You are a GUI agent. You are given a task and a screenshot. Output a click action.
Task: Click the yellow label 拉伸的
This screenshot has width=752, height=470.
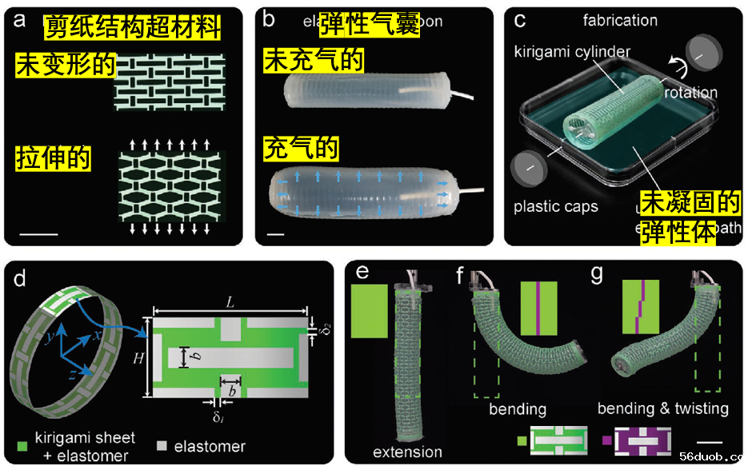pyautogui.click(x=54, y=158)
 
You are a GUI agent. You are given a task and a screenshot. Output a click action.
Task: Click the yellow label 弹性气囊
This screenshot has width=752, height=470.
pyautogui.click(x=370, y=24)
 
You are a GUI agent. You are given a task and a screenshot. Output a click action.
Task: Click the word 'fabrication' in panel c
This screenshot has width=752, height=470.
pyautogui.click(x=598, y=21)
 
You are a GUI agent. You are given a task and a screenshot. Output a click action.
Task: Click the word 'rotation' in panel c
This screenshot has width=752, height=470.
pyautogui.click(x=690, y=92)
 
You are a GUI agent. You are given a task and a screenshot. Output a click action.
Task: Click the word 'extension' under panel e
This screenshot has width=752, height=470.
pyautogui.click(x=407, y=452)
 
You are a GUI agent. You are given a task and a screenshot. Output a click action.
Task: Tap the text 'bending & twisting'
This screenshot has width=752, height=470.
pyautogui.click(x=662, y=409)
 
